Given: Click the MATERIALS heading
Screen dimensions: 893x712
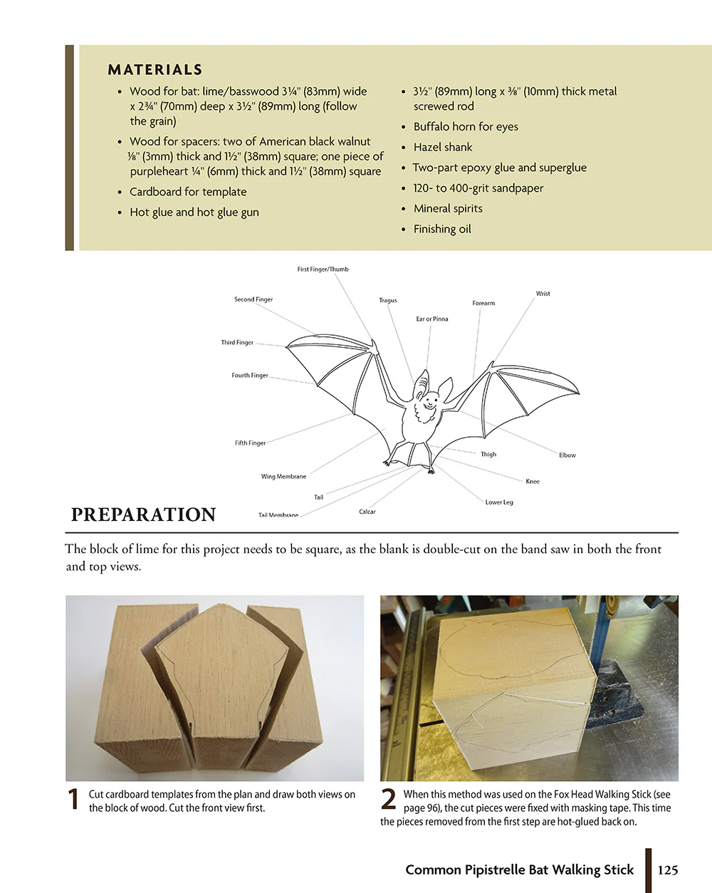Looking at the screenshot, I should (x=155, y=70).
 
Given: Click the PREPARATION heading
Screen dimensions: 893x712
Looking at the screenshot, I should (x=143, y=515).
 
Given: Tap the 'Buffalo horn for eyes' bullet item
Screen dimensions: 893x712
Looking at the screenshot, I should (x=466, y=127).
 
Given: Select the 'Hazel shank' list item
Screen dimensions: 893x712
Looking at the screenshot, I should (x=443, y=148).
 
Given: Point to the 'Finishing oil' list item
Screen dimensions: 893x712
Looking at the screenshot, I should (x=442, y=229).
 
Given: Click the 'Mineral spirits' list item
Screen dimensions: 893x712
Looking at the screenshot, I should (x=448, y=209).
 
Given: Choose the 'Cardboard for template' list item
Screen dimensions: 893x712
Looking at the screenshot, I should (x=188, y=192).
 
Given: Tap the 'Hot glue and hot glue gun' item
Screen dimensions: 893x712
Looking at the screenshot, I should (x=194, y=212).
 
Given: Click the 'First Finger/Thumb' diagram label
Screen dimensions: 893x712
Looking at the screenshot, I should (x=323, y=269).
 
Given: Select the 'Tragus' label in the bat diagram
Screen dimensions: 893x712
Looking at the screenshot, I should (x=388, y=301).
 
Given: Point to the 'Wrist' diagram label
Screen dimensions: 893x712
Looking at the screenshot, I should (x=543, y=294).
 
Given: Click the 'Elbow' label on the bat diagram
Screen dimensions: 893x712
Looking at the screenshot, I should (x=567, y=455).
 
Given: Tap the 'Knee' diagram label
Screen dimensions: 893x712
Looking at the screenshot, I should (x=533, y=482).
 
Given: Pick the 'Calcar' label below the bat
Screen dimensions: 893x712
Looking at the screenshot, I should (x=367, y=512).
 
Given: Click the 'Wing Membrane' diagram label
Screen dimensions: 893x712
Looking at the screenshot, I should (x=283, y=477).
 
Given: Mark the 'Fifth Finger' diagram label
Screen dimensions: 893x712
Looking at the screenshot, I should (x=250, y=443).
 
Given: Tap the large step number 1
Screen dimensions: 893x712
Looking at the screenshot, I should (x=73, y=800).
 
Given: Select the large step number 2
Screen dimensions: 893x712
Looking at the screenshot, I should (x=389, y=800).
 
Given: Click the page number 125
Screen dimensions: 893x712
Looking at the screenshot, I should (x=668, y=870).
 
